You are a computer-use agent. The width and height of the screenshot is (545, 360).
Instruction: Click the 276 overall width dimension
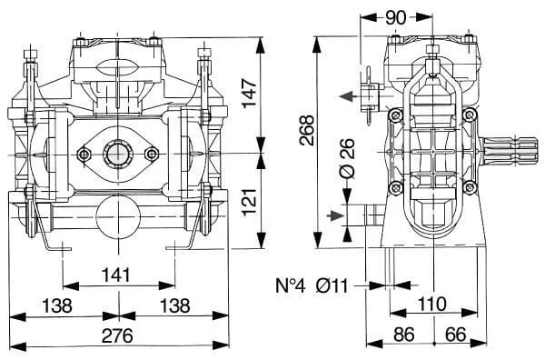(x=117, y=336)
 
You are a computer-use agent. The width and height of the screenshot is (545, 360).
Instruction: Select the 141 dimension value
(x=116, y=275)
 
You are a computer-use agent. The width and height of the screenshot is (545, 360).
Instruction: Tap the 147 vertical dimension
(x=250, y=94)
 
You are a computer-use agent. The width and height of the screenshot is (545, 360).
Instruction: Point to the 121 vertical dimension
(x=250, y=202)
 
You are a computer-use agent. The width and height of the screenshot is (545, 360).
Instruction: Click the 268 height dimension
(x=307, y=130)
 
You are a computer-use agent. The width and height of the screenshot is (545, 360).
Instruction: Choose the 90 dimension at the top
(x=395, y=18)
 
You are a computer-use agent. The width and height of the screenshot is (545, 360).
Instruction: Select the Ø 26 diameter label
(x=347, y=158)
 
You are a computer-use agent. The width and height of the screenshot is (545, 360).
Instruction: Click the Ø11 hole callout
(x=332, y=286)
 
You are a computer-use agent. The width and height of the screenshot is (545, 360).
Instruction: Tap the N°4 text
(x=291, y=286)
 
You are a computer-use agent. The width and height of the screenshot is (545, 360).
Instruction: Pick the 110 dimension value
(x=431, y=304)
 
